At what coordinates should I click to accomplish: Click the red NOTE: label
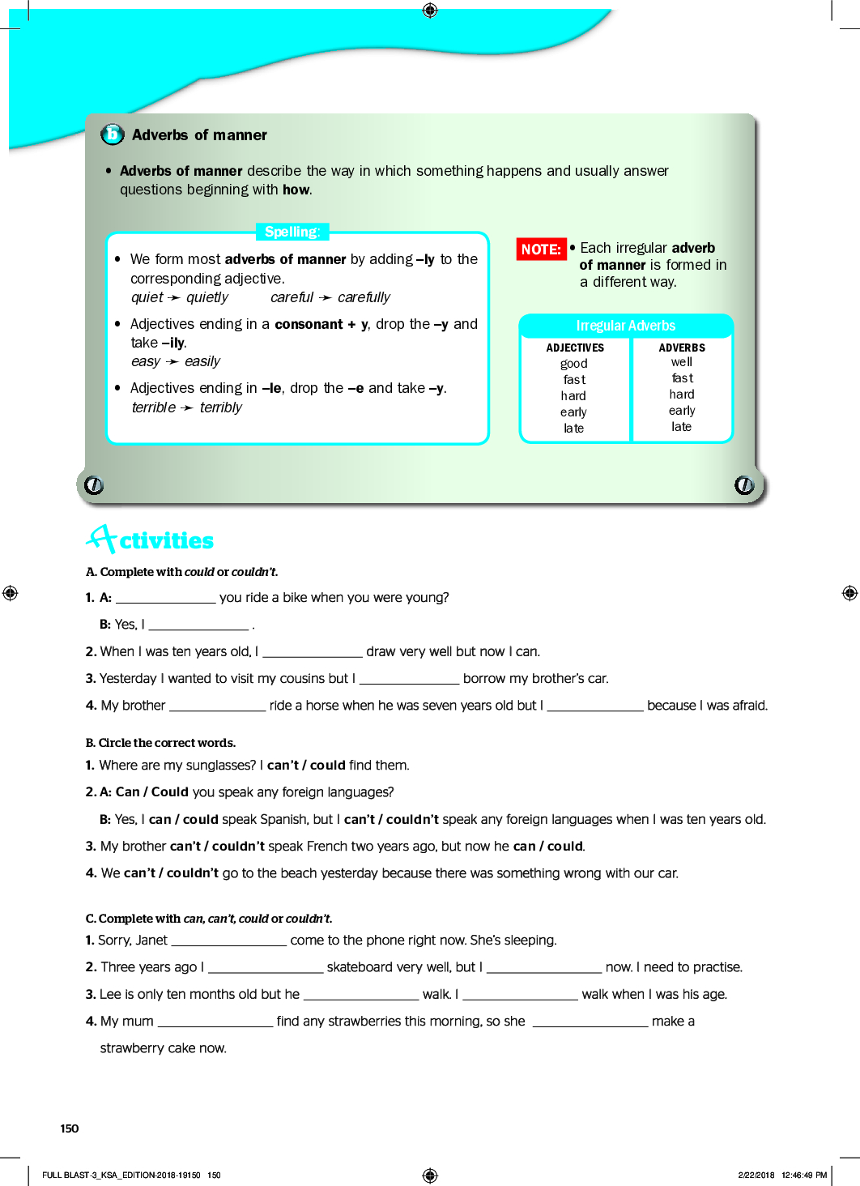pyautogui.click(x=541, y=250)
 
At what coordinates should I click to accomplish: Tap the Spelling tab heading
pyautogui.click(x=292, y=232)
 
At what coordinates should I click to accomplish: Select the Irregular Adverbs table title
pyautogui.click(x=625, y=326)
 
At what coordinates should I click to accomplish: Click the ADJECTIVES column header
pyautogui.click(x=575, y=348)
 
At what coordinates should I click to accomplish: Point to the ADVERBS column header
pyautogui.click(x=682, y=348)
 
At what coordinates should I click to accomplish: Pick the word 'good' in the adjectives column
pyautogui.click(x=574, y=364)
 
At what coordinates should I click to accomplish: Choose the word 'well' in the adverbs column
pyautogui.click(x=682, y=362)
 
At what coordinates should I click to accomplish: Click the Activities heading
pyautogui.click(x=151, y=540)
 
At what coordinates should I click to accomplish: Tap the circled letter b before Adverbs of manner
pyautogui.click(x=112, y=134)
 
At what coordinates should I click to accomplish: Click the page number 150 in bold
pyautogui.click(x=70, y=1128)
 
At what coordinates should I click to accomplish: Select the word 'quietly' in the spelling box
pyautogui.click(x=207, y=297)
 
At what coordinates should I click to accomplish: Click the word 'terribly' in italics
pyautogui.click(x=221, y=407)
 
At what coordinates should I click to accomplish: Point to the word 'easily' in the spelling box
pyautogui.click(x=202, y=361)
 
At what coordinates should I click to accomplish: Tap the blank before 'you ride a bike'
pyautogui.click(x=166, y=598)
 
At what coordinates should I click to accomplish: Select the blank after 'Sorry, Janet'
pyautogui.click(x=229, y=941)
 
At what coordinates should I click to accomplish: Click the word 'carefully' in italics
pyautogui.click(x=364, y=297)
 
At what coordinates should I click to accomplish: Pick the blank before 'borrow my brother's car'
pyautogui.click(x=409, y=679)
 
